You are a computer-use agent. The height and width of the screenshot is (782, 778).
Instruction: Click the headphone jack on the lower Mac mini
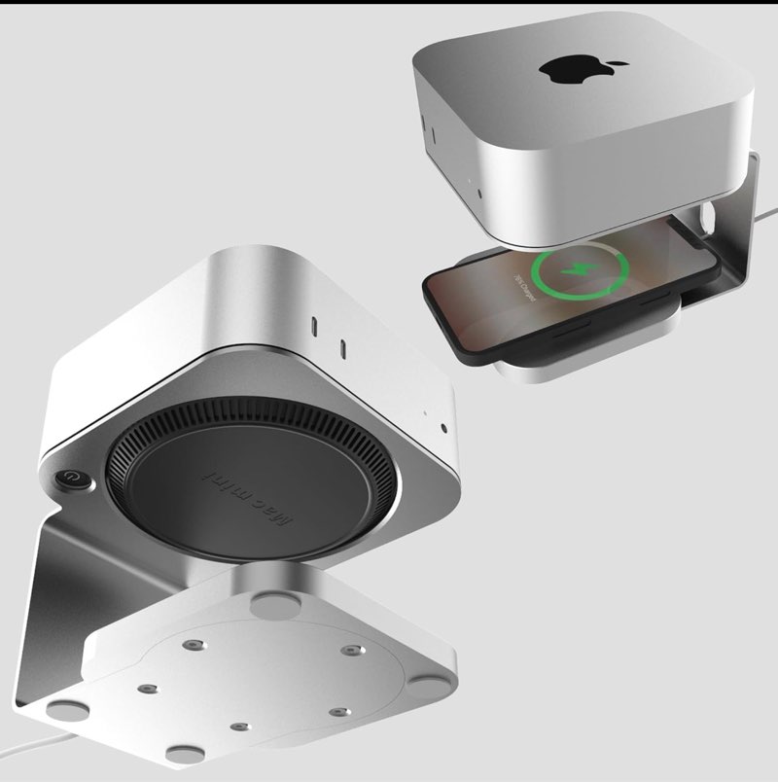click(x=444, y=427)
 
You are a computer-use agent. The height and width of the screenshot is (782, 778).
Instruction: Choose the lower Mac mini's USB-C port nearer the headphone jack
click(x=344, y=348)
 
